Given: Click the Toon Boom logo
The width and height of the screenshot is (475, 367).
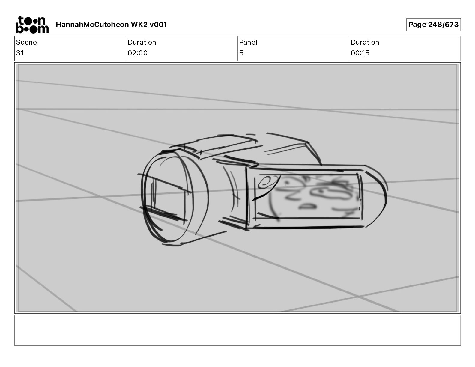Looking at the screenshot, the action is (x=32, y=25).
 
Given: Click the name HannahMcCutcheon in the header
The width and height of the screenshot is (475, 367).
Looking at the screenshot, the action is (x=92, y=25).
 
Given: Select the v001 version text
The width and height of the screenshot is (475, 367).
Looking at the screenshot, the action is (x=158, y=25).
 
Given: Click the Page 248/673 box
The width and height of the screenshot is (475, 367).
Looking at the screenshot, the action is (x=433, y=25).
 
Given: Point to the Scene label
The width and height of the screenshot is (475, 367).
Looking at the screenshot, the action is (x=26, y=42).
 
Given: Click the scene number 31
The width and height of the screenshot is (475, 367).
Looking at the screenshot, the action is (x=20, y=53).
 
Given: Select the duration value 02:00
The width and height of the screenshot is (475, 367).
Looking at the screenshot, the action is (x=138, y=53).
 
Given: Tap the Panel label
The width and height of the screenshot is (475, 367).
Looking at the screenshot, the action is (x=248, y=42).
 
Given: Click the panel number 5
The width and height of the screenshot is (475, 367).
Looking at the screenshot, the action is (x=241, y=53).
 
